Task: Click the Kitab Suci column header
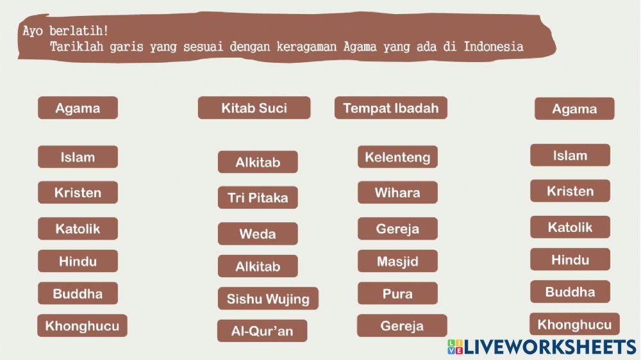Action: click(x=254, y=108)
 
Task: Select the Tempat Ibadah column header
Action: click(x=390, y=108)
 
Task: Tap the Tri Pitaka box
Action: click(x=258, y=198)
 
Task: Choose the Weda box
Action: click(x=258, y=234)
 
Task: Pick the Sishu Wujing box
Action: click(x=268, y=299)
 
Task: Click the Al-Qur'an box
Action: click(x=262, y=331)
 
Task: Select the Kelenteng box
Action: click(x=397, y=157)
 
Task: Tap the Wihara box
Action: click(x=397, y=192)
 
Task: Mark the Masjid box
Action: click(x=397, y=261)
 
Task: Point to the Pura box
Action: click(x=397, y=293)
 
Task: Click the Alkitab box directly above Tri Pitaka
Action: click(x=258, y=162)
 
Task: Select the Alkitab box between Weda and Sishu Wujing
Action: click(x=258, y=266)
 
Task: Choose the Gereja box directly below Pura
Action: click(x=402, y=325)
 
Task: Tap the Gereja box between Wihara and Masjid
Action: click(x=397, y=229)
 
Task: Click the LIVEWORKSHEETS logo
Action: click(x=542, y=347)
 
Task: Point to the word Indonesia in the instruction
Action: click(x=494, y=47)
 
